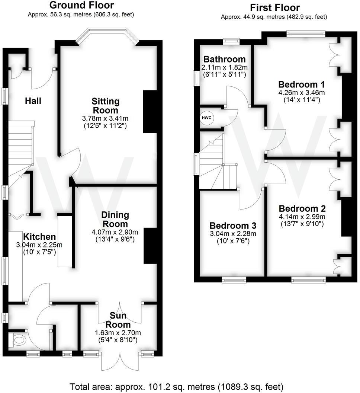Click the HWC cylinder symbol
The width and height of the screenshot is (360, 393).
207,118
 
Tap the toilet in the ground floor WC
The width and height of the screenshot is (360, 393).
18,339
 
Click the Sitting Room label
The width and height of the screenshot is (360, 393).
106,106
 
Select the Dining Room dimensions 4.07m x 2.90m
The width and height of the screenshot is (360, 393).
115,232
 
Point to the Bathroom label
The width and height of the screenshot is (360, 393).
224,59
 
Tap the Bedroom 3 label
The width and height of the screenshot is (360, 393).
233,226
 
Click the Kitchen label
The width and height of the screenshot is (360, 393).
39,237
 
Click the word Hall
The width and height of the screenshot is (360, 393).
33,101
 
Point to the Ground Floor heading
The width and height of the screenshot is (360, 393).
81,5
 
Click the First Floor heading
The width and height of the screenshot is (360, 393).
274,7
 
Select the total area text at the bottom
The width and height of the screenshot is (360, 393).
176,386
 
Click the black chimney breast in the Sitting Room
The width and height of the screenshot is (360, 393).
150,112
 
